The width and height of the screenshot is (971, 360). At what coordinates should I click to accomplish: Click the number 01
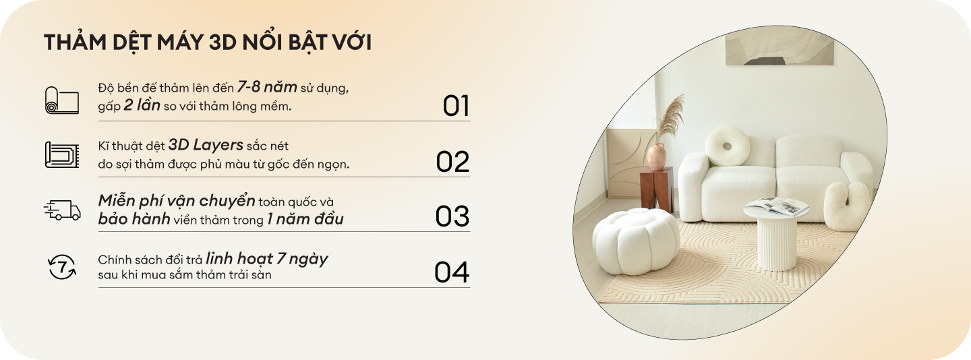coord(456,106)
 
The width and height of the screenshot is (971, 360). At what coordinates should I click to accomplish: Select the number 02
coord(452,162)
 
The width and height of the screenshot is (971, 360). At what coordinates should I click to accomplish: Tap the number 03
coord(452,216)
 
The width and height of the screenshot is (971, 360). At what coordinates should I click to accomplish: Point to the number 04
coord(452,272)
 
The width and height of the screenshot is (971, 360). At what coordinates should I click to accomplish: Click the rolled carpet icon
coord(62,100)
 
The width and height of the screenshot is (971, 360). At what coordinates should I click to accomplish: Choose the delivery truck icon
coord(62,210)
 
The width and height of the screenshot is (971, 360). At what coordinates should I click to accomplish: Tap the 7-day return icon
coord(62,267)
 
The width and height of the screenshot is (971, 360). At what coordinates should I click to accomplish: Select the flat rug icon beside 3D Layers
coord(62,154)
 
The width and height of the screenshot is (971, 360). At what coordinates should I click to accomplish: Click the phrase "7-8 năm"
coord(267,87)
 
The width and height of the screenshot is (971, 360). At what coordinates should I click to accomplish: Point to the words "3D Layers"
coord(206,145)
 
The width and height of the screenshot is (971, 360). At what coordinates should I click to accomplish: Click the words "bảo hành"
coord(134,219)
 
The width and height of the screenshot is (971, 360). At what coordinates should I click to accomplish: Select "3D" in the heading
coord(223,42)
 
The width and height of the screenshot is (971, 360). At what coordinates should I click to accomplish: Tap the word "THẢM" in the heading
coord(75,42)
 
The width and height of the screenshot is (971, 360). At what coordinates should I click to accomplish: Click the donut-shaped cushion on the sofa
coord(728,146)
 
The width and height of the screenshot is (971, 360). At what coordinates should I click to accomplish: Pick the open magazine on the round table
coord(777,206)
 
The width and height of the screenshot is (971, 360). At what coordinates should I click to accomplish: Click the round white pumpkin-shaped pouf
coord(636,241)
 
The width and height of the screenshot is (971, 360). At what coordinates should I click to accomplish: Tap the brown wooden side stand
coord(657,189)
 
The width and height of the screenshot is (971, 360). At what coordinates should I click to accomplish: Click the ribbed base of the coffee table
coord(776,243)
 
